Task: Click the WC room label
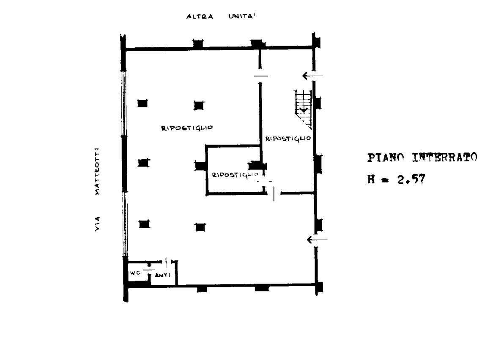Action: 135,273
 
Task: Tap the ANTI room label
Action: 163,275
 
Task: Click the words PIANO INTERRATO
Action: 422,157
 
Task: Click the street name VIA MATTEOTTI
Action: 97,189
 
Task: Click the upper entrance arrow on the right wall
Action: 312,76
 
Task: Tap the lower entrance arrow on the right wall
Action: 317,240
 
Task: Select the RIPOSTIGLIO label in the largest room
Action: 187,128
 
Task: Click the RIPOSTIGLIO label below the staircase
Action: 288,139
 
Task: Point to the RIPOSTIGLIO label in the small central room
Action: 235,175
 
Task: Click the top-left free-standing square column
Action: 142,104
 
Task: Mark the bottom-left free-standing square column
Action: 144,224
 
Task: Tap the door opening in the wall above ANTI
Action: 166,262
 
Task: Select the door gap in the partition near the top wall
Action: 260,76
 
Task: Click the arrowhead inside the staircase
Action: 304,110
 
